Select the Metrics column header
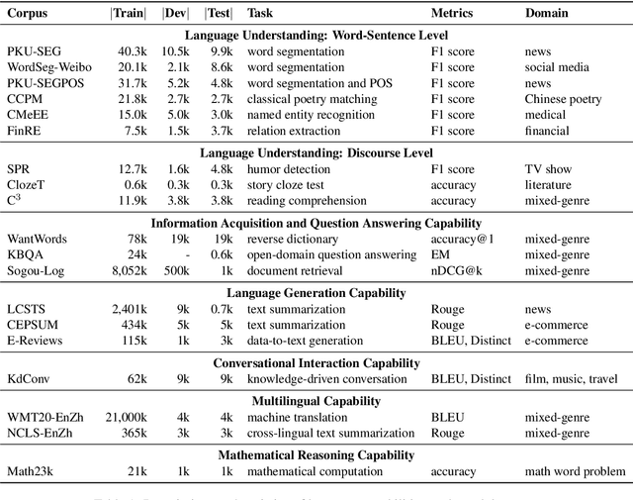[452, 15]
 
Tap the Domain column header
[546, 15]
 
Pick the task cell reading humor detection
[288, 169]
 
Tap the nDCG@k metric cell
[458, 270]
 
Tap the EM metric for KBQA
[440, 254]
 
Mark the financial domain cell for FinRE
[547, 131]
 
